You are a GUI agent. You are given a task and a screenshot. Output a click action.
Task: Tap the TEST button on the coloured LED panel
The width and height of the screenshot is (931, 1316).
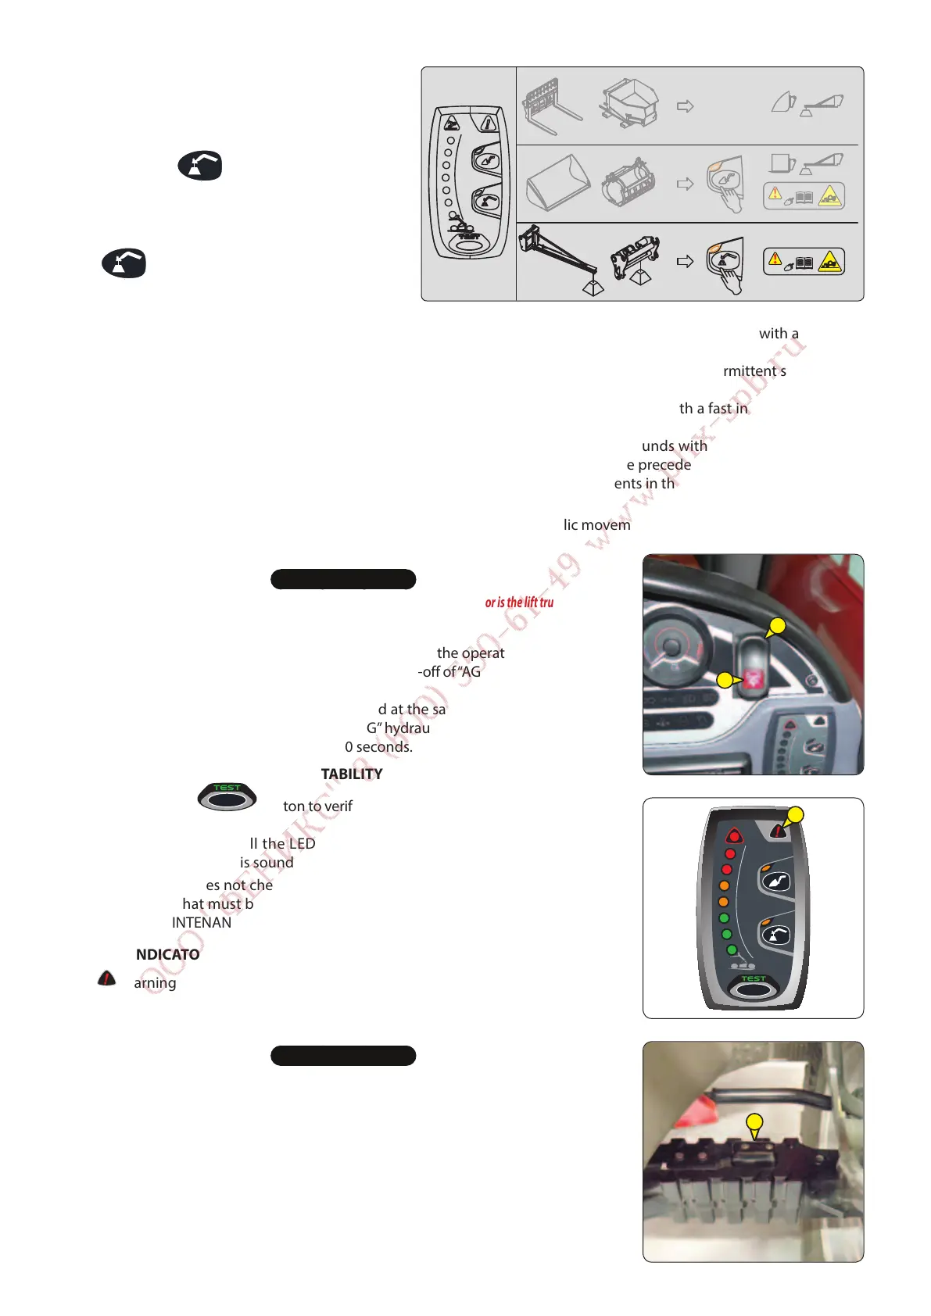(x=752, y=988)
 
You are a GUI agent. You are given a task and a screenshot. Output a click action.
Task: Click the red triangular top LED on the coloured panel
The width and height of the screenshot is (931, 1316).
(x=733, y=835)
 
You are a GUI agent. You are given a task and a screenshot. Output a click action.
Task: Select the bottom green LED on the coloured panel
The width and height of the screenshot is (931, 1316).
(x=732, y=950)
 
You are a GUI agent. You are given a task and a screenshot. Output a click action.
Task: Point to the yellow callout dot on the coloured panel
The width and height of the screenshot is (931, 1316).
(x=795, y=815)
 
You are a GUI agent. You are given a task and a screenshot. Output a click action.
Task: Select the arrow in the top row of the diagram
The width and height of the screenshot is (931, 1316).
(x=685, y=106)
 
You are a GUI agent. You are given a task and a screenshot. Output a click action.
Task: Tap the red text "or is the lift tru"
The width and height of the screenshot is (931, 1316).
(x=519, y=603)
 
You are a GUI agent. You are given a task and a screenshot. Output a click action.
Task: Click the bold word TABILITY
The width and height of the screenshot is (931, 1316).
(x=352, y=774)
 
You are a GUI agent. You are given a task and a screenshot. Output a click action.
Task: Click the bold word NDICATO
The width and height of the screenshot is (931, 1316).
(x=167, y=954)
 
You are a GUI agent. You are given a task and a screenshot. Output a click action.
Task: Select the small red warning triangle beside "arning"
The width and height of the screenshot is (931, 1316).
(x=107, y=978)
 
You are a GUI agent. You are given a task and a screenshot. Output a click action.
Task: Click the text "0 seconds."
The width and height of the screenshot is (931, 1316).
(x=378, y=747)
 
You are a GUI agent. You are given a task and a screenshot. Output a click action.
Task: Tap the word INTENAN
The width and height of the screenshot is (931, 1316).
(x=202, y=923)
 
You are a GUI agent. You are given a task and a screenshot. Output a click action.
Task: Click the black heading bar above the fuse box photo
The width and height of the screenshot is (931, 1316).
(x=342, y=1056)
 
